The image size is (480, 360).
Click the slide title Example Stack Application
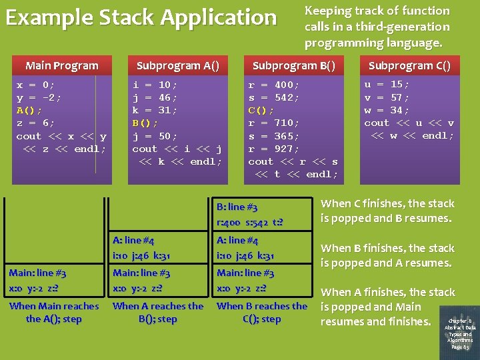[141, 17]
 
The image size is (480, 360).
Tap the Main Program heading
[61, 65]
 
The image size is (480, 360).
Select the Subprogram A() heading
[177, 65]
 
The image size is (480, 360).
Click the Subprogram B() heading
[293, 65]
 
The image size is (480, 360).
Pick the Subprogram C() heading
[409, 65]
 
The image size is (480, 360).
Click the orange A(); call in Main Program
[29, 110]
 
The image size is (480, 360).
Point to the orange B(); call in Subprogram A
[145, 123]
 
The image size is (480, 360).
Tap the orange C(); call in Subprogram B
[261, 110]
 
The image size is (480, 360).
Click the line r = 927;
[274, 149]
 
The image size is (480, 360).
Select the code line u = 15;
[387, 85]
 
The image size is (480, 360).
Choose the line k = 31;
[155, 110]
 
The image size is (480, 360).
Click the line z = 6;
[36, 123]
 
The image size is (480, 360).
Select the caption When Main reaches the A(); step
[54, 312]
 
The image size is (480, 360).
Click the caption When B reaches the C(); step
[262, 312]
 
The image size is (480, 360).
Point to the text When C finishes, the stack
[387, 204]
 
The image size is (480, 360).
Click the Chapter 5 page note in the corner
[461, 333]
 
